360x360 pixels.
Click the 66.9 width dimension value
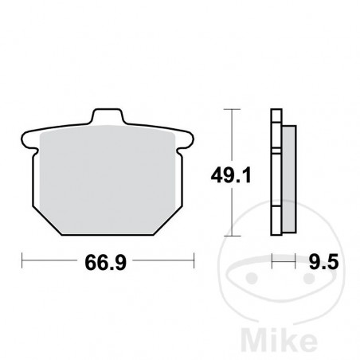[x=108, y=261]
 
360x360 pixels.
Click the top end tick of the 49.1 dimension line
[x=231, y=108]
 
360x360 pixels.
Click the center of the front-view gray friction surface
[x=108, y=179]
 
